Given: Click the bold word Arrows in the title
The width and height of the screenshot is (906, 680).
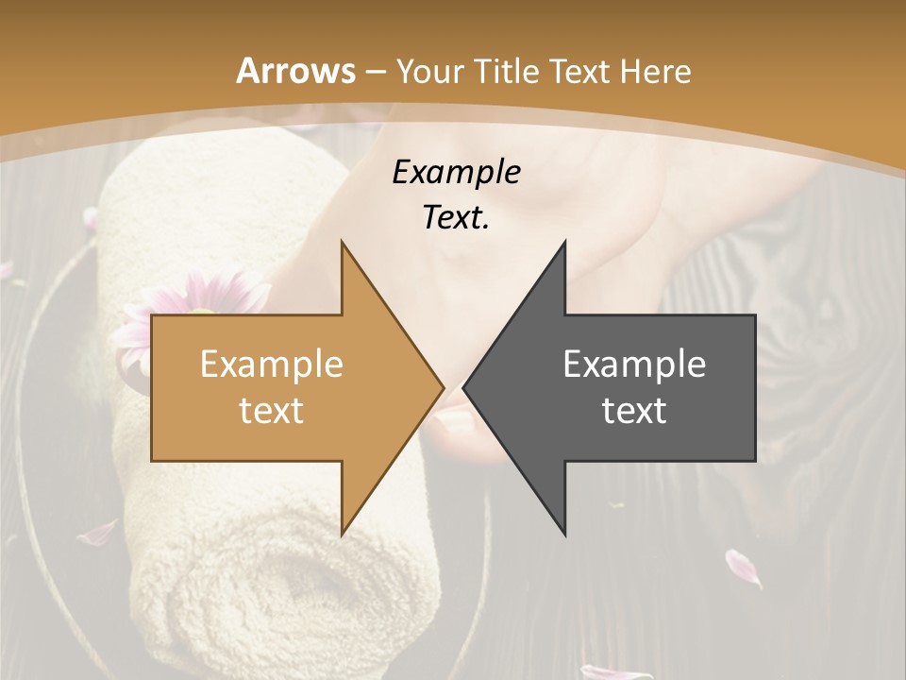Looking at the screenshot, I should point(296,71).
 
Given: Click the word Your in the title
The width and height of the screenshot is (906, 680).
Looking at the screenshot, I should point(430,71).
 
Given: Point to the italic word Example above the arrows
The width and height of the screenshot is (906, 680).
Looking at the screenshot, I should point(456,173).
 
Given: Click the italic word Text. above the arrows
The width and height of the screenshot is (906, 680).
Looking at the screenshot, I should point(456,218).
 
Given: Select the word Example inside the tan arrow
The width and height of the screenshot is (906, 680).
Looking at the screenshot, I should point(271,365).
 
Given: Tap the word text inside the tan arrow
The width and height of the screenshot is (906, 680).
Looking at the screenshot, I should point(271,411).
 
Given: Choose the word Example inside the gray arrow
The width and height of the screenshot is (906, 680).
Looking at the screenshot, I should point(634,365).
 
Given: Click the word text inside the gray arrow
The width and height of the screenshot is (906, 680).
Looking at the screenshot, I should point(634,411).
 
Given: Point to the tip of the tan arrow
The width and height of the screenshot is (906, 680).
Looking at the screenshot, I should point(442,387).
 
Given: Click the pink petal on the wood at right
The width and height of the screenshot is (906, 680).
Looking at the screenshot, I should point(743,567).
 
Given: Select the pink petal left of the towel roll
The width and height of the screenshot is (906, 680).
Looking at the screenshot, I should point(97,535).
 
